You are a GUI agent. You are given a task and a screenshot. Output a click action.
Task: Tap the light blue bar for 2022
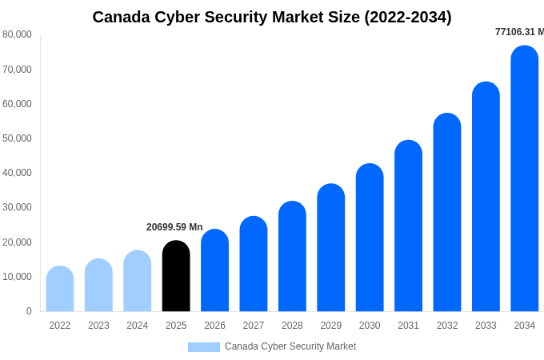60,289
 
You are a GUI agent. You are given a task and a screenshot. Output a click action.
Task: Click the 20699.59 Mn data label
174,227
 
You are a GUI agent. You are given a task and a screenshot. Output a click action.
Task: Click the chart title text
272,17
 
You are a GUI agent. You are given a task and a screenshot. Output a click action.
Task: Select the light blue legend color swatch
203,347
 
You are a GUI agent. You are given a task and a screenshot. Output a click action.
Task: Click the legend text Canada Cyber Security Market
290,346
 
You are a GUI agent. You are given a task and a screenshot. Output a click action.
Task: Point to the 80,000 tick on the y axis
17,34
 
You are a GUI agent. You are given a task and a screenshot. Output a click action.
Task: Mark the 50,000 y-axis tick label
17,138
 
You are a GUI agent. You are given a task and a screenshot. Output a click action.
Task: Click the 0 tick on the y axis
29,311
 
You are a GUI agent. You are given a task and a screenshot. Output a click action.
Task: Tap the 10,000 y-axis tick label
17,277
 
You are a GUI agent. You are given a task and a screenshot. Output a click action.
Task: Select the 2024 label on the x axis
138,326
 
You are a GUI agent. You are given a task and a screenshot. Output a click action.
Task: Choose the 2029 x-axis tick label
331,326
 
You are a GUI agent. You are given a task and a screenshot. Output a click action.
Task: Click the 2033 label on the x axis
486,326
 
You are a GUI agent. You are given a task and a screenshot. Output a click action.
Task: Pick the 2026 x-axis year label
214,326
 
